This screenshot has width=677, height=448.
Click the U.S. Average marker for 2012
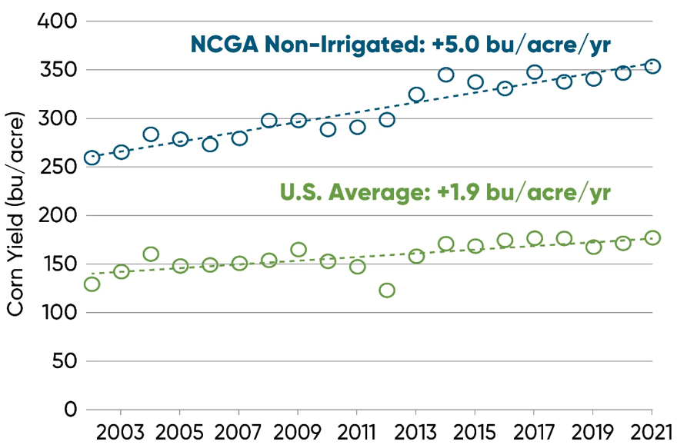pyautogui.click(x=387, y=290)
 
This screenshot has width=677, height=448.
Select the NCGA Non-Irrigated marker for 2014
pyautogui.click(x=445, y=75)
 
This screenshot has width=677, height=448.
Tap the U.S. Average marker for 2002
pyautogui.click(x=92, y=284)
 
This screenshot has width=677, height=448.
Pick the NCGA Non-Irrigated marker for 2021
pyautogui.click(x=652, y=66)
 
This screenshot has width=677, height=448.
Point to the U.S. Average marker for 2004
pyautogui.click(x=151, y=254)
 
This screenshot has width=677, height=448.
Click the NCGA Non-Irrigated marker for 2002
pyautogui.click(x=92, y=158)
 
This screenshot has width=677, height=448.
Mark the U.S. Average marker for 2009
pyautogui.click(x=298, y=250)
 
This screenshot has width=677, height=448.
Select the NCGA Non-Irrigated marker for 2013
pyautogui.click(x=416, y=95)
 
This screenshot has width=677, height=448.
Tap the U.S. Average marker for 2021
pyautogui.click(x=652, y=238)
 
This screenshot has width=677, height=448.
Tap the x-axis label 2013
pyautogui.click(x=416, y=430)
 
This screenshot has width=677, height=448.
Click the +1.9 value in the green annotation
pyautogui.click(x=457, y=191)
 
